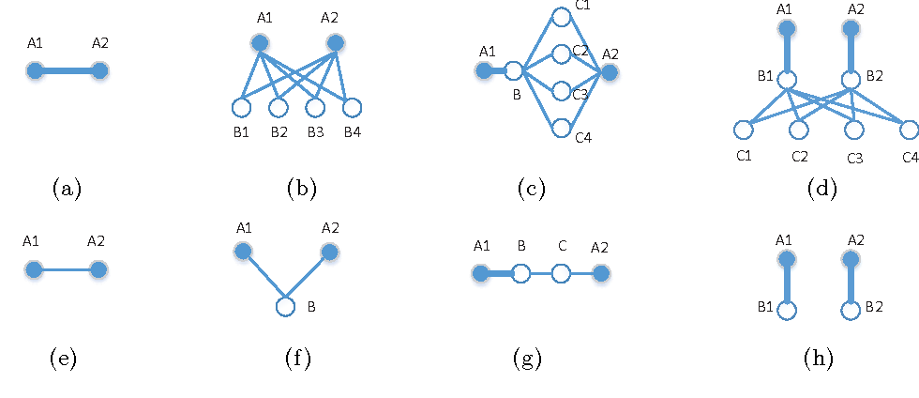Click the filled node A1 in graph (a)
point(35,70)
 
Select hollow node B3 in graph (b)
point(314,108)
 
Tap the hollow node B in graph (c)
point(514,70)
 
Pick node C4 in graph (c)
point(561,128)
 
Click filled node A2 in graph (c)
point(610,70)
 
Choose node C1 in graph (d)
point(744,129)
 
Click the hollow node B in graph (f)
point(285,307)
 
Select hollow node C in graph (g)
point(561,274)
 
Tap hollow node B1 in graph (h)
point(787,309)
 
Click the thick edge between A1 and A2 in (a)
point(68,70)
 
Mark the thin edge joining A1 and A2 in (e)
point(68,269)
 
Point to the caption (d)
point(821,189)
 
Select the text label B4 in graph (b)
point(352,131)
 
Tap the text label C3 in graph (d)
point(854,158)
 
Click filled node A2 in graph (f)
point(328,252)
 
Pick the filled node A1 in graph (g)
point(482,274)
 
